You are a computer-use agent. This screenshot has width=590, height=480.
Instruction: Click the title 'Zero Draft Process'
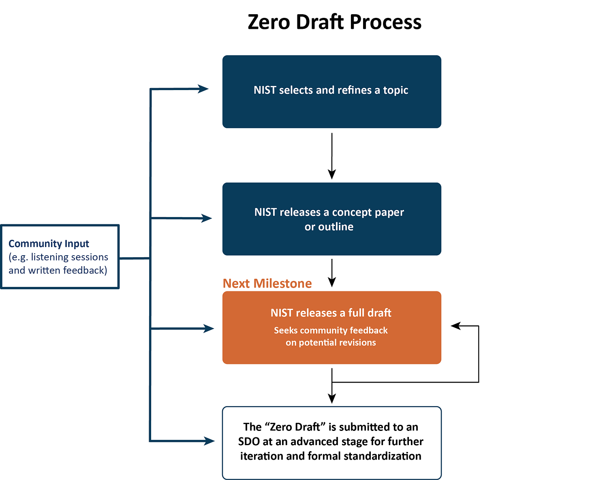[334, 22]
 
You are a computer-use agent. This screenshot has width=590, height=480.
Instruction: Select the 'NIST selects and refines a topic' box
[331, 92]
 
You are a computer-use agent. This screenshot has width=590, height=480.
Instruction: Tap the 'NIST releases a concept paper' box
[331, 219]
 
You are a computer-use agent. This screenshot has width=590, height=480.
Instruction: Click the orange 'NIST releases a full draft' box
[331, 327]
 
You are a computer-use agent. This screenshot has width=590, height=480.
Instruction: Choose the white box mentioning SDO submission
[331, 443]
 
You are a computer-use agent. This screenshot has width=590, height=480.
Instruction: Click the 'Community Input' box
[60, 256]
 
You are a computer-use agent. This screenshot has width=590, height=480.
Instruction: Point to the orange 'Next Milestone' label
[267, 283]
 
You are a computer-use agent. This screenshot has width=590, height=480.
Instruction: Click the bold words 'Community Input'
[49, 243]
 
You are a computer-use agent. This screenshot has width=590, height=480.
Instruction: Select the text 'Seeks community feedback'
[331, 330]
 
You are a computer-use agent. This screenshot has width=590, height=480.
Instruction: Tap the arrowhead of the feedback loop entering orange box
[456, 325]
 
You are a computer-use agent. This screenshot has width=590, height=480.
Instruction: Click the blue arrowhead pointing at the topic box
[203, 89]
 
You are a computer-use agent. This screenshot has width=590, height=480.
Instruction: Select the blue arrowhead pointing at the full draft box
[209, 329]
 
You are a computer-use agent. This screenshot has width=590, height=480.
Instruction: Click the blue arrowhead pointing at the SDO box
[209, 441]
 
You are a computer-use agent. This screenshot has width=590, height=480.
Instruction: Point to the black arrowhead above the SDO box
[332, 398]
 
